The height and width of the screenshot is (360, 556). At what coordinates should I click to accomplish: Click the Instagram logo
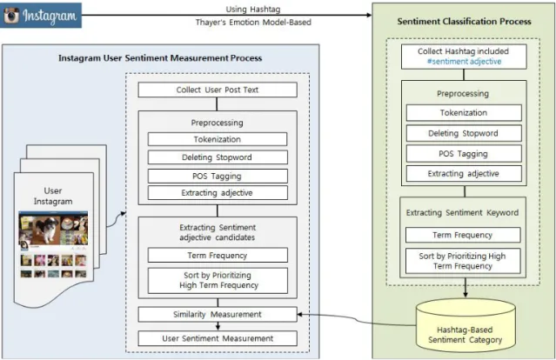pyautogui.click(x=41, y=16)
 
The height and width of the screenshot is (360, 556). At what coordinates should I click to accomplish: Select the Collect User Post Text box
pyautogui.click(x=218, y=90)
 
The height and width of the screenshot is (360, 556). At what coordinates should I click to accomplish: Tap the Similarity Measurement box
pyautogui.click(x=218, y=314)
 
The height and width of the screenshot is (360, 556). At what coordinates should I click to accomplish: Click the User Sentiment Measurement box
pyautogui.click(x=218, y=338)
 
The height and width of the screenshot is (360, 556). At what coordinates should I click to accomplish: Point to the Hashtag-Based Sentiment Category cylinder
pyautogui.click(x=465, y=325)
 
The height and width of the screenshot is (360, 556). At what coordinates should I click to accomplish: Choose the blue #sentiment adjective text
pyautogui.click(x=464, y=61)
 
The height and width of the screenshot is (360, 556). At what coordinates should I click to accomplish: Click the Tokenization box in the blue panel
pyautogui.click(x=218, y=139)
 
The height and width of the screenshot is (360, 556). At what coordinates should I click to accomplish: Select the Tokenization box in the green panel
pyautogui.click(x=464, y=113)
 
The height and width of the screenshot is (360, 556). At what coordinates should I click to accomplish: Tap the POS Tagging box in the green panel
pyautogui.click(x=464, y=154)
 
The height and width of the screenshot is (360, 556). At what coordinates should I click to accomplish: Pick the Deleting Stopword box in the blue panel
pyautogui.click(x=218, y=157)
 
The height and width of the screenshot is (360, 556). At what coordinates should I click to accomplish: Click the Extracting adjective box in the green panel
pyautogui.click(x=464, y=174)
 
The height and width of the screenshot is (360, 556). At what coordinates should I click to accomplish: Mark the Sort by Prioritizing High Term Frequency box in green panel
pyautogui.click(x=463, y=261)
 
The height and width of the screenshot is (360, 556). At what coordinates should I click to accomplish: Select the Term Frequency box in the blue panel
pyautogui.click(x=218, y=255)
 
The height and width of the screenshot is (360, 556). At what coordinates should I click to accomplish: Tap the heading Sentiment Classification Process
pyautogui.click(x=464, y=21)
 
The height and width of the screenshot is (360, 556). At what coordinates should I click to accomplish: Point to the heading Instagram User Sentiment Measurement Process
pyautogui.click(x=160, y=58)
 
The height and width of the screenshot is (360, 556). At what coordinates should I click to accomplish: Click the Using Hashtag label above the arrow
pyautogui.click(x=253, y=9)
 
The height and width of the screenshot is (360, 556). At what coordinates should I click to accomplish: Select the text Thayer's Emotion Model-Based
pyautogui.click(x=253, y=23)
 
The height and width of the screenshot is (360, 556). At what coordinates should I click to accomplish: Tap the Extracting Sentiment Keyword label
pyautogui.click(x=462, y=212)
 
